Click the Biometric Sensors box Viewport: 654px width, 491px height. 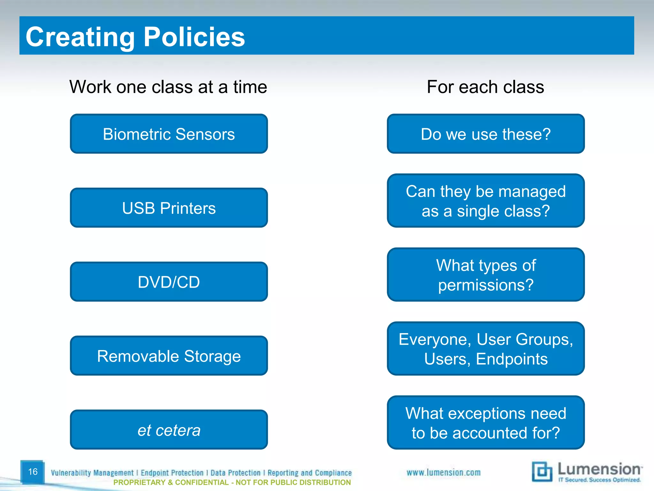pyautogui.click(x=169, y=134)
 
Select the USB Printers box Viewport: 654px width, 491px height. pyautogui.click(x=169, y=208)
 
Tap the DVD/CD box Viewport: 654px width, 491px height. pyautogui.click(x=169, y=282)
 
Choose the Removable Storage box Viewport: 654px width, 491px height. pyautogui.click(x=169, y=356)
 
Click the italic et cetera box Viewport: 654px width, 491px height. pyautogui.click(x=169, y=430)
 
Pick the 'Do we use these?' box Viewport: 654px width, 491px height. pyautogui.click(x=485, y=134)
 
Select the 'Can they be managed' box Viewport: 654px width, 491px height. pyautogui.click(x=485, y=201)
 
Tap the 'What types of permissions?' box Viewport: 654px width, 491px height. pyautogui.click(x=485, y=275)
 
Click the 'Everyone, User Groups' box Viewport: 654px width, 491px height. pyautogui.click(x=485, y=349)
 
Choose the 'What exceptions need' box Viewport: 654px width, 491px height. pyautogui.click(x=485, y=423)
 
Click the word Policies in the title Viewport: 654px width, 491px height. pyautogui.click(x=194, y=37)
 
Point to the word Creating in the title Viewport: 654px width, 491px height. pyautogui.click(x=80, y=37)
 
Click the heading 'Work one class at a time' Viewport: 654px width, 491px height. pyautogui.click(x=168, y=87)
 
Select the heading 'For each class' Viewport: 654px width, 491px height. pyautogui.click(x=485, y=87)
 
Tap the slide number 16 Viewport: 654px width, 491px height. pyautogui.click(x=33, y=472)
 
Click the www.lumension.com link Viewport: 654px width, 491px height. pyautogui.click(x=443, y=472)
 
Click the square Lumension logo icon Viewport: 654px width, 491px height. pyautogui.click(x=542, y=472)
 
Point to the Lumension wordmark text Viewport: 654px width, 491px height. pyautogui.click(x=599, y=469)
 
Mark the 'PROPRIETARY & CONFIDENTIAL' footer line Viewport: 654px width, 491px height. pyautogui.click(x=232, y=482)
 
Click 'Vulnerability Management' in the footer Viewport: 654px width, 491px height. pyautogui.click(x=92, y=473)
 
